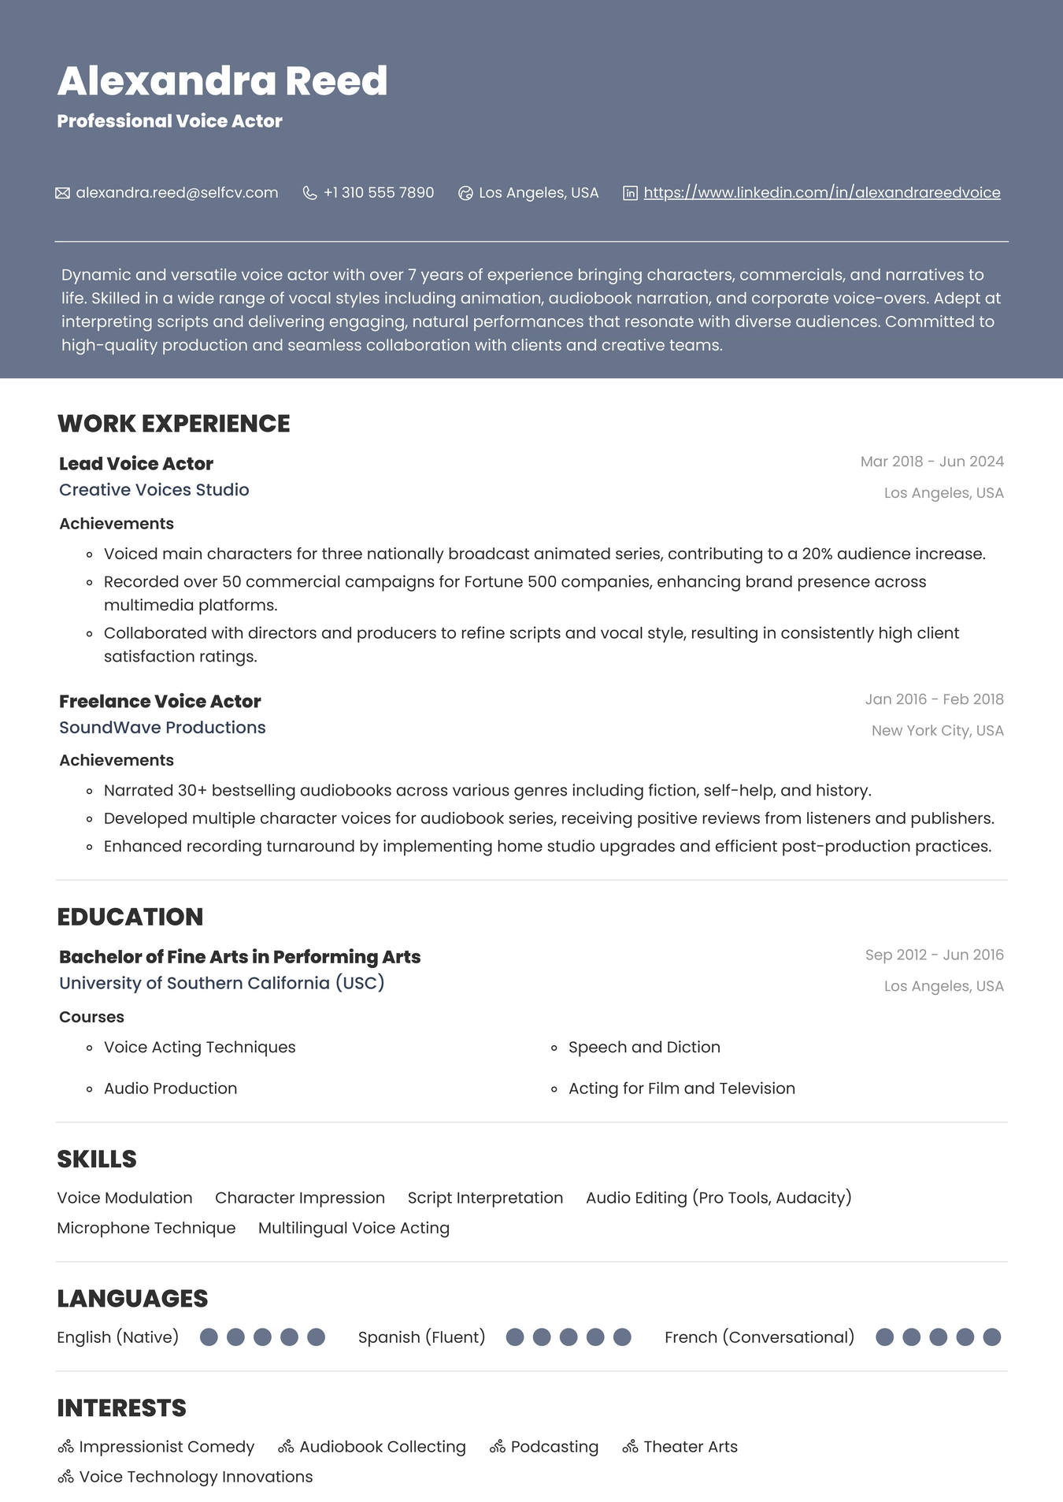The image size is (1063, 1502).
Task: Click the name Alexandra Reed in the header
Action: (x=222, y=81)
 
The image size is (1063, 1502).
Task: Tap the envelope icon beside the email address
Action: (x=63, y=193)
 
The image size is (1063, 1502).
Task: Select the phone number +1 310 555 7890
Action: (x=378, y=193)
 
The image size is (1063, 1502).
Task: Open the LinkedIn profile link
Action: (x=821, y=193)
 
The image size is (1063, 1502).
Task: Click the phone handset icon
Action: (x=310, y=193)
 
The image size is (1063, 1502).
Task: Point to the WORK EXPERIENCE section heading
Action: (x=173, y=424)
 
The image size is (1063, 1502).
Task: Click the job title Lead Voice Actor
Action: (x=136, y=464)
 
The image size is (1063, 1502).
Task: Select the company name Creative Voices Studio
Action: (x=154, y=490)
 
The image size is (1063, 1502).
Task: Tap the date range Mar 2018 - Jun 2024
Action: (x=932, y=462)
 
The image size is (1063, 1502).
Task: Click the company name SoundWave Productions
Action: (x=162, y=728)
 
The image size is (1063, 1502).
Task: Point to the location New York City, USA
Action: (x=937, y=731)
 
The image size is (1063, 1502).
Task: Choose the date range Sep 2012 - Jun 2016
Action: (x=934, y=955)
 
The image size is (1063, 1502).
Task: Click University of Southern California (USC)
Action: (x=221, y=983)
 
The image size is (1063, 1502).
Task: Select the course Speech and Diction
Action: (x=644, y=1048)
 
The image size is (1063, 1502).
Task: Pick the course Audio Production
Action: (x=170, y=1088)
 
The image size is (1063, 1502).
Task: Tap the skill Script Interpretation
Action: (x=485, y=1198)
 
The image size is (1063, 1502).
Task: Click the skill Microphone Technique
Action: (x=146, y=1228)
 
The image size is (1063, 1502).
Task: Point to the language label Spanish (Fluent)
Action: (x=421, y=1337)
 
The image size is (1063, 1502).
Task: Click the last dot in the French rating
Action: (x=992, y=1337)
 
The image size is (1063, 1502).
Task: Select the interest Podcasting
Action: (x=554, y=1447)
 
